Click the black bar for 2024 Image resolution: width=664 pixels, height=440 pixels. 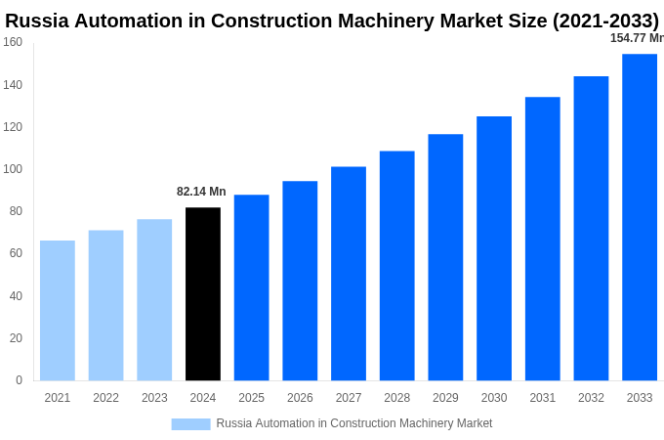tap(203, 293)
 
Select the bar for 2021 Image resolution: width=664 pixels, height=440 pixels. tap(58, 310)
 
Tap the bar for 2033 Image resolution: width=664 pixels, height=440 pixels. tap(640, 217)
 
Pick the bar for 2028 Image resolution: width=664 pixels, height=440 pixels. tap(396, 265)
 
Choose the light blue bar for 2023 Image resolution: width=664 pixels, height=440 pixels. tap(154, 299)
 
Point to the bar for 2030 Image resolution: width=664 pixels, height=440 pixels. tap(494, 248)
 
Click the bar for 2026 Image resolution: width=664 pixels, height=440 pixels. tap(300, 281)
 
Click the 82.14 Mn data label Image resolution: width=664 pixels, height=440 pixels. tap(201, 192)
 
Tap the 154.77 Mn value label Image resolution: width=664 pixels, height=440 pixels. tap(637, 38)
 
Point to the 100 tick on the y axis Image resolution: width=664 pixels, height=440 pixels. tap(13, 169)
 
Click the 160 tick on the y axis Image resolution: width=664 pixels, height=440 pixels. tap(13, 42)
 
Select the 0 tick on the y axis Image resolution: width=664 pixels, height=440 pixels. tap(19, 380)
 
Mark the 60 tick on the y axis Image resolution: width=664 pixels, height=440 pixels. tap(16, 253)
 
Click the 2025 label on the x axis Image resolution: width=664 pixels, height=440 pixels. tap(251, 398)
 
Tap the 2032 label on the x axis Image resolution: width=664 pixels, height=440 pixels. tap(591, 398)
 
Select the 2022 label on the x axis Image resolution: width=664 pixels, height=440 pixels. tap(105, 398)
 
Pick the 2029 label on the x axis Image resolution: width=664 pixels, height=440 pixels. tap(445, 398)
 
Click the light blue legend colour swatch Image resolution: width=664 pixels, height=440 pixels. tap(190, 423)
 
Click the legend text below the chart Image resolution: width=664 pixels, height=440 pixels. tap(353, 423)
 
